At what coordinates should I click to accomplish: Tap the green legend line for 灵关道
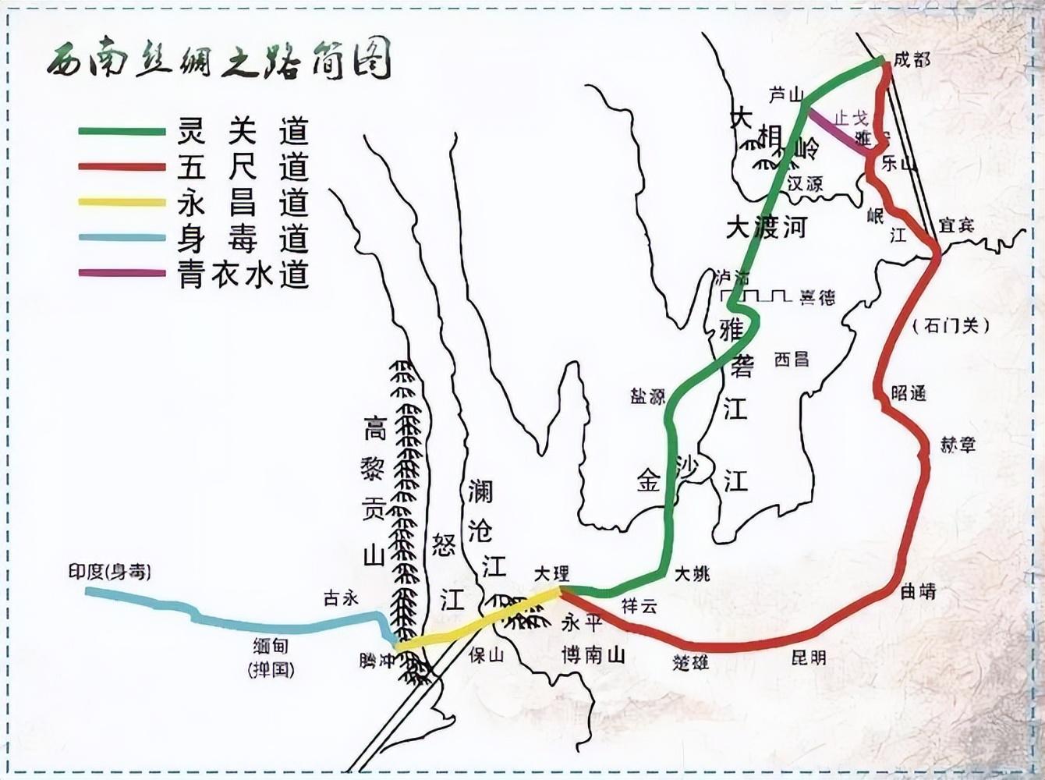(122, 131)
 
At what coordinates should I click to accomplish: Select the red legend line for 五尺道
(122, 167)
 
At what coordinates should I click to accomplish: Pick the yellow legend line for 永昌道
(122, 203)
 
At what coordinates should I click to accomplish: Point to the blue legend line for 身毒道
(122, 238)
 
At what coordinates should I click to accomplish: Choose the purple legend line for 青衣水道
(122, 273)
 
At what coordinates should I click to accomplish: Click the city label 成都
(912, 59)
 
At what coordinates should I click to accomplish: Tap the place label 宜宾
(955, 225)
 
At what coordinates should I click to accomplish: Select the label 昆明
(808, 658)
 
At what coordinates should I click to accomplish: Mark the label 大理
(552, 573)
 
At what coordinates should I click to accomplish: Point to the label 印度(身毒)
(109, 572)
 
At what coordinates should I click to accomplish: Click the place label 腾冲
(377, 661)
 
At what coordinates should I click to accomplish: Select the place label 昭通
(909, 393)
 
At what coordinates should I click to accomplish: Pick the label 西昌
(791, 359)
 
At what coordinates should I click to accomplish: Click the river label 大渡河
(765, 227)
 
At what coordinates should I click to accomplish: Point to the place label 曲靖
(918, 592)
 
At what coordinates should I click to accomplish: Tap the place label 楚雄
(691, 662)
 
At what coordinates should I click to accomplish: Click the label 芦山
(785, 95)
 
